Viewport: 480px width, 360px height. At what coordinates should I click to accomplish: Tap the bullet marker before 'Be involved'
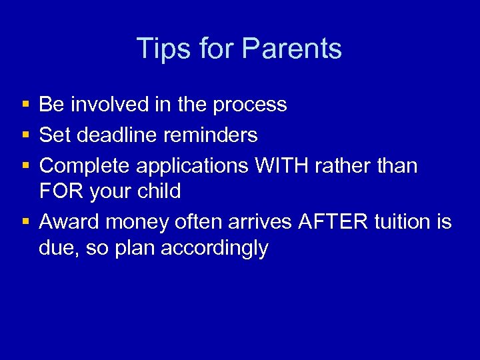click(25, 105)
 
